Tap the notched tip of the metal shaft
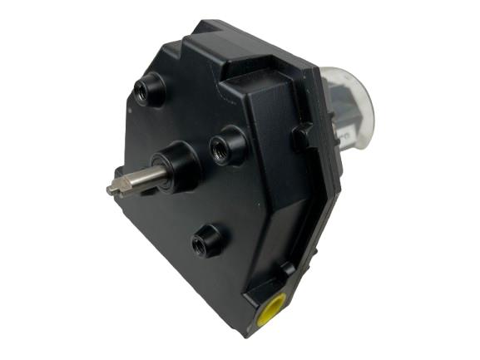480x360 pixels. (x=112, y=189)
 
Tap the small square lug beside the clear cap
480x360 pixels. (x=301, y=138)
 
